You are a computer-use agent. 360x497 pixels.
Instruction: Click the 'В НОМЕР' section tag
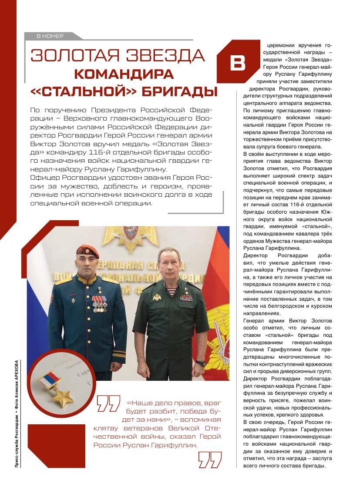(50, 36)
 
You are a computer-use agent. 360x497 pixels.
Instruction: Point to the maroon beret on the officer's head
(87, 249)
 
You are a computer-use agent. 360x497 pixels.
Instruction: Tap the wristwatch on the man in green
(200, 363)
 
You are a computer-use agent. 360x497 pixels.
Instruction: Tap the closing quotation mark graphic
(210, 460)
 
